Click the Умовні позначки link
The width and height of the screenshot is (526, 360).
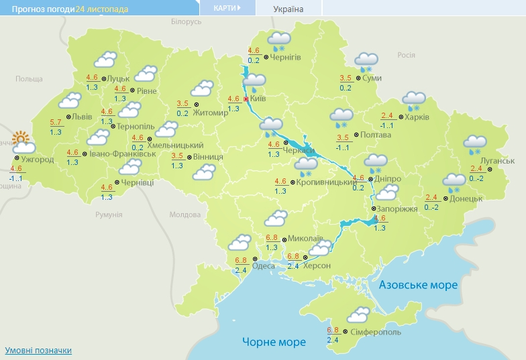pos(38,351)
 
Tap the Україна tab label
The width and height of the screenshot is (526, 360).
pos(288,9)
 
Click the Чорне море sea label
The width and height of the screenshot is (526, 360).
pos(274,342)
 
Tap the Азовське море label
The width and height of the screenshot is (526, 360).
pos(418,285)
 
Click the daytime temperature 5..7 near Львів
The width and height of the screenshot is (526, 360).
pos(56,122)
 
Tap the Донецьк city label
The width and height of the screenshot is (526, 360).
pos(466,198)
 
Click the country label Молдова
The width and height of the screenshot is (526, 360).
pos(185,215)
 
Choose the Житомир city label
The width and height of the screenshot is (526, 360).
pos(211,113)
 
